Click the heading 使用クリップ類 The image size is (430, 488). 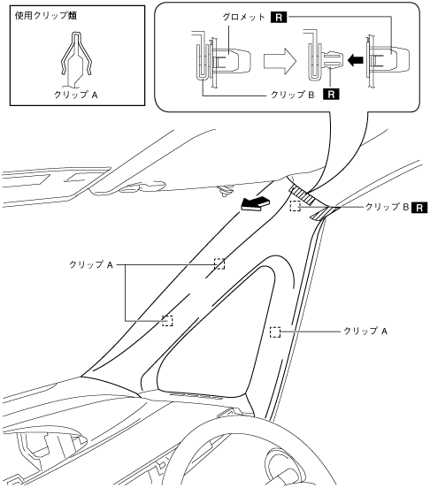[46, 15]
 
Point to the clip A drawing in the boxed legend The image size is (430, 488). [77, 55]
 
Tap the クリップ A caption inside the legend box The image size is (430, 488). [76, 95]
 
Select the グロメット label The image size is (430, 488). [243, 17]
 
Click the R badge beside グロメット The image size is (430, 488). [279, 17]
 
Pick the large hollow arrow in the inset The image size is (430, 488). [280, 61]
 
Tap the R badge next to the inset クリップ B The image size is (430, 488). [331, 94]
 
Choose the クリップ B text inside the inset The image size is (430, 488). [293, 95]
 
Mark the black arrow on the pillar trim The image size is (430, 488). [256, 204]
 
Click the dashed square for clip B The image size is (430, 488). [296, 206]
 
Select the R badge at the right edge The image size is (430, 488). [419, 208]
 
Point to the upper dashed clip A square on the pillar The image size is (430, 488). [219, 263]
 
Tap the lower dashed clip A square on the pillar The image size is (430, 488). [167, 321]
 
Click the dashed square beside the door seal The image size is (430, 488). [275, 332]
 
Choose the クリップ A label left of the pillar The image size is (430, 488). [91, 265]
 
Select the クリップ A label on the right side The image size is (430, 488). [365, 331]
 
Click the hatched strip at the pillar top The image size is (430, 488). [302, 194]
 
